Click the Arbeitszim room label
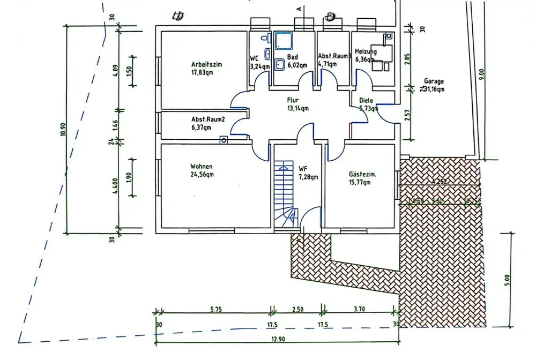pyautogui.click(x=206, y=64)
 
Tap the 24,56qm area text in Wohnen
pyautogui.click(x=201, y=175)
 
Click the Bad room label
pyautogui.click(x=292, y=56)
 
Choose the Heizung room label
pyautogui.click(x=366, y=52)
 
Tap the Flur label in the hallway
pyautogui.click(x=292, y=100)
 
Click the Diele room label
pyautogui.click(x=366, y=100)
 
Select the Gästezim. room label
pyautogui.click(x=363, y=174)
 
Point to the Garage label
pyautogui.click(x=434, y=81)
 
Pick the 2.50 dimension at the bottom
pyautogui.click(x=297, y=310)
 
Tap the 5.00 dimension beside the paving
pyautogui.click(x=507, y=279)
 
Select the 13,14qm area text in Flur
pyautogui.click(x=298, y=108)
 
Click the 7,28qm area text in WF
pyautogui.click(x=308, y=177)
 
